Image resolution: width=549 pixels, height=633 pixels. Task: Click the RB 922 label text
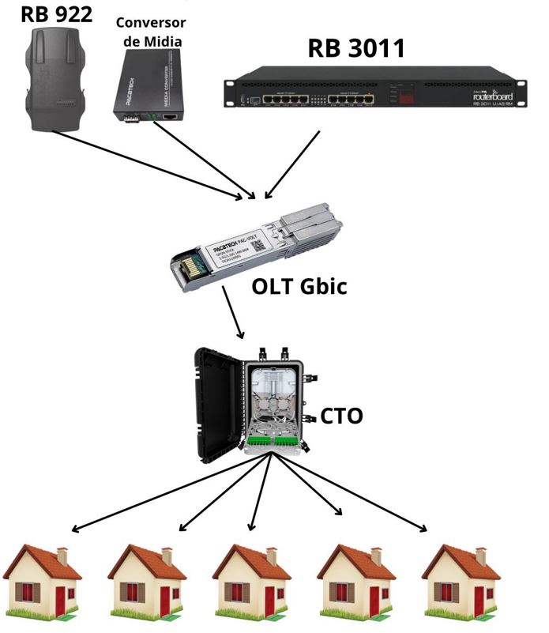coord(58,13)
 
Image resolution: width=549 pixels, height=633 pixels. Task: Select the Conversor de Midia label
coord(150,31)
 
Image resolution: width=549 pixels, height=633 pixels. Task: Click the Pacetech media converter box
coord(151,85)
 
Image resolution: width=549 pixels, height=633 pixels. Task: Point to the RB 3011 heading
coord(355,48)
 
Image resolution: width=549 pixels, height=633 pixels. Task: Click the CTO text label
coord(341,415)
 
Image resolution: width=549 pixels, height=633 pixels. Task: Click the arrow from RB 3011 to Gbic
coord(292,166)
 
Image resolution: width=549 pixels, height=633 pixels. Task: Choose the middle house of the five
coord(251,580)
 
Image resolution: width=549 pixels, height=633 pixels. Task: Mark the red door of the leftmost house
coord(60,601)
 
